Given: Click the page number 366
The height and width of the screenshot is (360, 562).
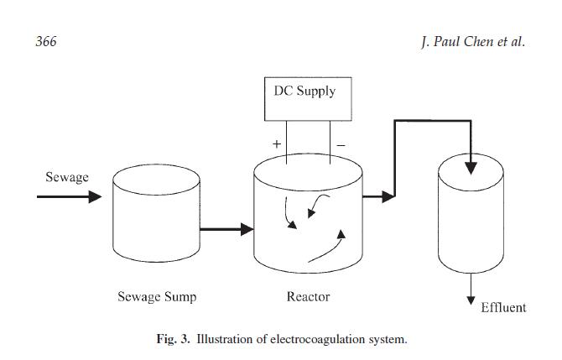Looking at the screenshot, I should pyautogui.click(x=46, y=42).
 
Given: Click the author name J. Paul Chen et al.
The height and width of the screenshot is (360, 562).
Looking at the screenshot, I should pyautogui.click(x=472, y=42).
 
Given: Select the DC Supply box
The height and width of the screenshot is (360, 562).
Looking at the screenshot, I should pyautogui.click(x=304, y=100).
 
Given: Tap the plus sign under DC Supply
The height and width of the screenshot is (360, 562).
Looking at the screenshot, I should pyautogui.click(x=277, y=144).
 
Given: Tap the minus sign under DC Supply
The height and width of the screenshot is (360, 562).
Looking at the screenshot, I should pyautogui.click(x=341, y=144).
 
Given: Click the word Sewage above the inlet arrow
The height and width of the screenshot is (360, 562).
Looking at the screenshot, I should pyautogui.click(x=67, y=177).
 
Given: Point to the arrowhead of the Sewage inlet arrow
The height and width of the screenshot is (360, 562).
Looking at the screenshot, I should pyautogui.click(x=95, y=197).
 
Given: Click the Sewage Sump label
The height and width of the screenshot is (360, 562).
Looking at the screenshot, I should pyautogui.click(x=157, y=296).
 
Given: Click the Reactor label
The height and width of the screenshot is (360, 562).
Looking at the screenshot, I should pyautogui.click(x=308, y=296).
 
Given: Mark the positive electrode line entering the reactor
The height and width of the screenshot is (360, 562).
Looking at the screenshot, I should pyautogui.click(x=286, y=151).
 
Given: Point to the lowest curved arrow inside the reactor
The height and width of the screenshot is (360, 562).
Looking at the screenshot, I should pyautogui.click(x=327, y=248).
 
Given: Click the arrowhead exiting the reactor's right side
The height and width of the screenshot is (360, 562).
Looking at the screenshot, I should pyautogui.click(x=388, y=197).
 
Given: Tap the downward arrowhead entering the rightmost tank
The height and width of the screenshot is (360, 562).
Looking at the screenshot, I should pyautogui.click(x=471, y=168).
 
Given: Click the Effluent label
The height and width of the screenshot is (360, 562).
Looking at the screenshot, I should pyautogui.click(x=503, y=307).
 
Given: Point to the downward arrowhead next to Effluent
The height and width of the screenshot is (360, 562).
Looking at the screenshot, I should pyautogui.click(x=471, y=300).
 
